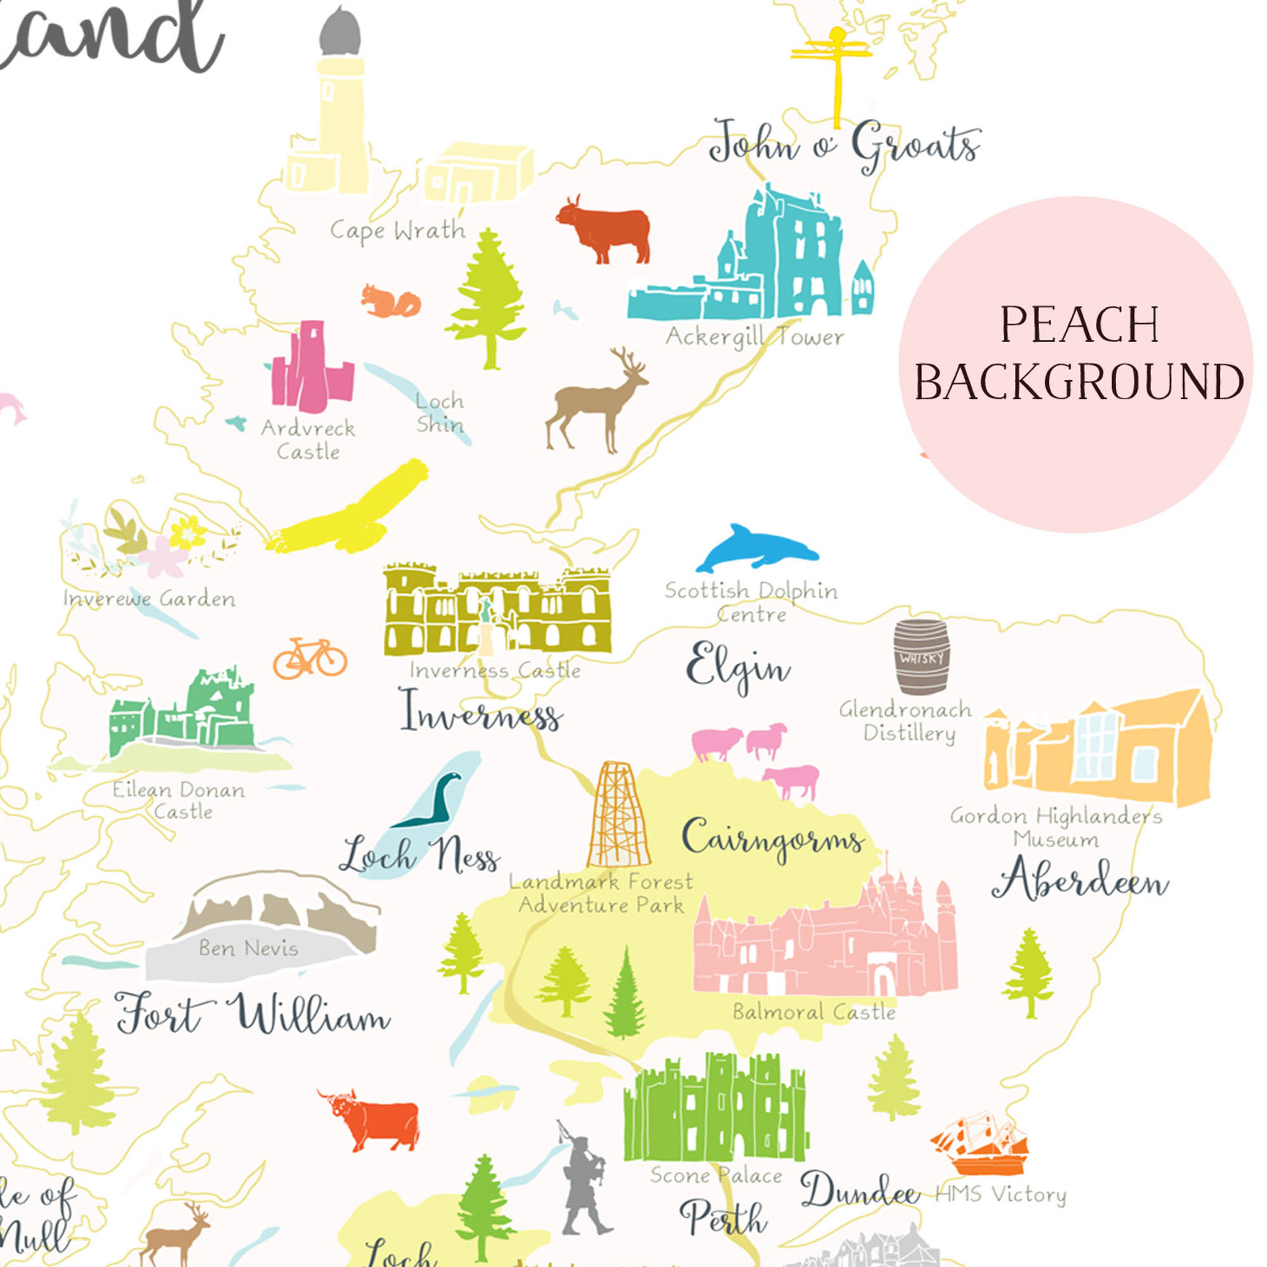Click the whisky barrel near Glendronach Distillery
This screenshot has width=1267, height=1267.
(920, 656)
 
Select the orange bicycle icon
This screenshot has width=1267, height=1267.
(310, 658)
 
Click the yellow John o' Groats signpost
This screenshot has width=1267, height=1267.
(834, 72)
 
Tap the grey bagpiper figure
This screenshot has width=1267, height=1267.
(582, 1177)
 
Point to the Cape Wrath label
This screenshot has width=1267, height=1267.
(397, 231)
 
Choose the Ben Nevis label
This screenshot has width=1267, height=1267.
(248, 948)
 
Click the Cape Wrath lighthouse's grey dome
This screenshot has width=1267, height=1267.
(340, 33)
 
